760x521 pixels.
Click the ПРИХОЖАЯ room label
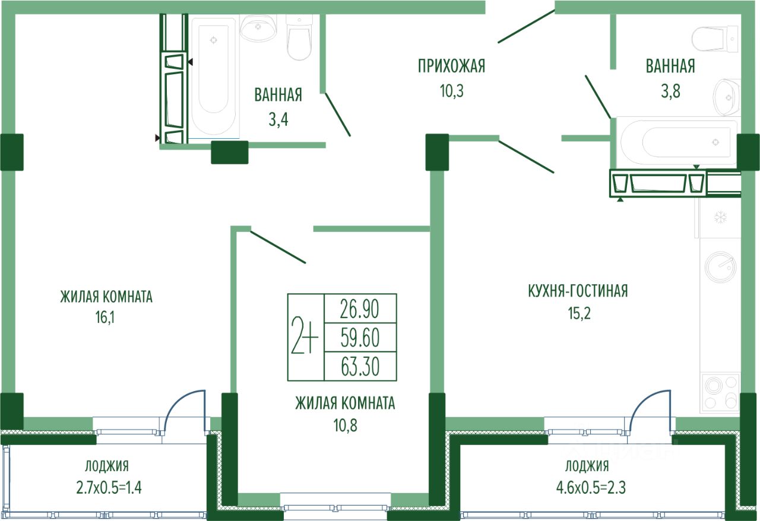[451, 66]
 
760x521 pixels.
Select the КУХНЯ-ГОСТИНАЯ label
[577, 291]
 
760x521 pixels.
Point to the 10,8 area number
[345, 425]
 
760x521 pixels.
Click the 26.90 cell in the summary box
[360, 309]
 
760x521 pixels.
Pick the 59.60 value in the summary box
[360, 338]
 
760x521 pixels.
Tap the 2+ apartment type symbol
[305, 337]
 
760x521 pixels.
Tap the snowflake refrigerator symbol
[720, 218]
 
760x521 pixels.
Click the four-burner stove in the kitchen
[720, 392]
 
